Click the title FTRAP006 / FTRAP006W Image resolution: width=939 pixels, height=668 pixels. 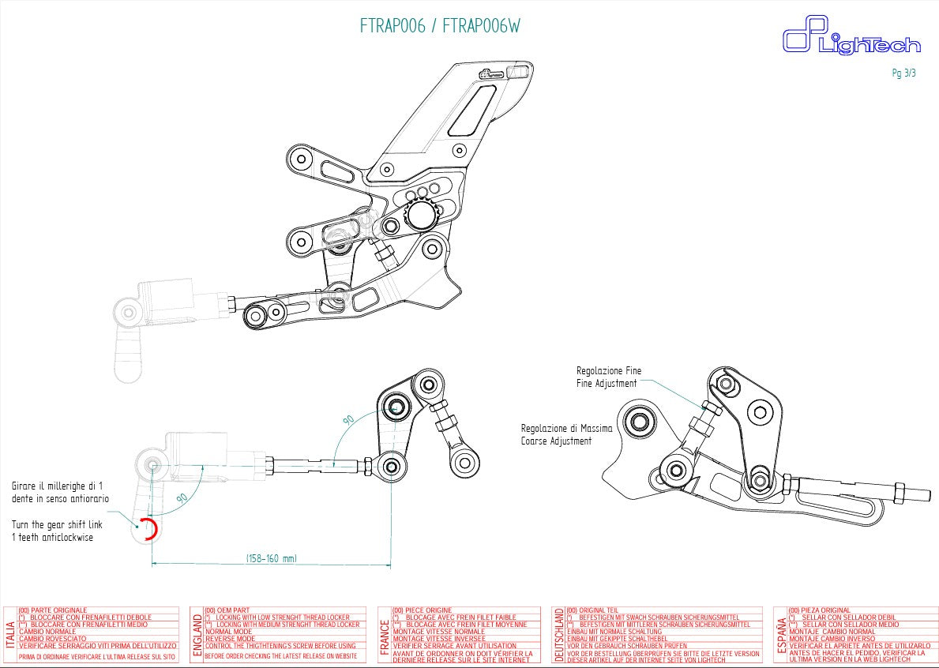440,26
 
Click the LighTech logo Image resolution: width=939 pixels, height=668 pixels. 851,39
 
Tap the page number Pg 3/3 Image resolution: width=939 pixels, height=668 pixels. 903,73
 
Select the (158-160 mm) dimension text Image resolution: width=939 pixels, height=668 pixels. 271,558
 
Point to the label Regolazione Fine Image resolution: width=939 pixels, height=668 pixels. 609,370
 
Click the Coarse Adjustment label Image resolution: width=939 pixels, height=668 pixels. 556,441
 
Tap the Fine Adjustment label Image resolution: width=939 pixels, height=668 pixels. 607,384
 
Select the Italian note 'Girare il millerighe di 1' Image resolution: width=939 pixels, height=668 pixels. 58,486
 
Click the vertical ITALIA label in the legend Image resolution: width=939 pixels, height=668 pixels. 9,634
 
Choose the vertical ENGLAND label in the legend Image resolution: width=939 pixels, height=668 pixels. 197,634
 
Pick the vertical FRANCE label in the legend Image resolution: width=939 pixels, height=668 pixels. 385,634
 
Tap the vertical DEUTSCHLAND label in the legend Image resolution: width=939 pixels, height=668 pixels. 559,634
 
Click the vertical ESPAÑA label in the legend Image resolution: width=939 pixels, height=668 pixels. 781,634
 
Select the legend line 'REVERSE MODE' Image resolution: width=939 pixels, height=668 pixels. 230,639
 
